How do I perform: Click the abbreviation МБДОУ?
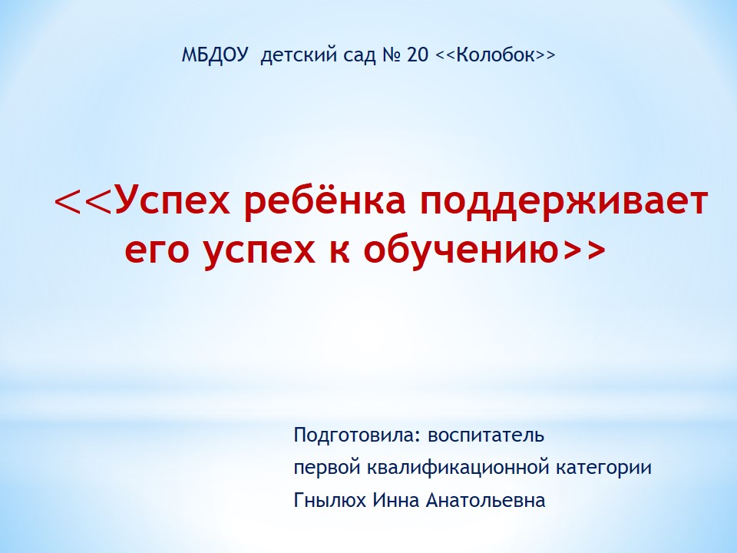coord(214,55)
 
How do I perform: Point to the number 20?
coord(418,55)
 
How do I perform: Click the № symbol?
coord(392,55)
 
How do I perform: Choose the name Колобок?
coord(496,55)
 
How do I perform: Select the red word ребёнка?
coord(325,200)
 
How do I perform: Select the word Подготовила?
coord(353,435)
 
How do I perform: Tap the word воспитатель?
coord(485,436)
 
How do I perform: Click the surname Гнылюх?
coord(329,500)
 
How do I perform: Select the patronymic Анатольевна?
coord(485,500)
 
